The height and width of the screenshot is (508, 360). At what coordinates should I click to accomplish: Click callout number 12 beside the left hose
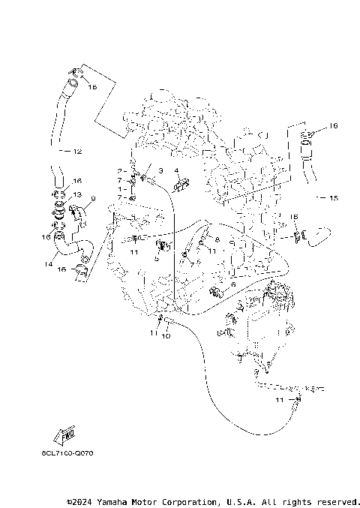pos(76,152)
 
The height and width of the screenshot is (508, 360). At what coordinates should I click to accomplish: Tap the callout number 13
pos(77,194)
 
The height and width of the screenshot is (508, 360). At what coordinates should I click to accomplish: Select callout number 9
pos(93,199)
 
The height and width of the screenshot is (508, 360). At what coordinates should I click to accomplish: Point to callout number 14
pos(49,264)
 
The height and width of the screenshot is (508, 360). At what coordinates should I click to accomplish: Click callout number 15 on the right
pos(334,199)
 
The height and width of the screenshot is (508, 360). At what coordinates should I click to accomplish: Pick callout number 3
pos(160,171)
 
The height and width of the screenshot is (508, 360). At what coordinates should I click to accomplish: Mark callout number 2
pos(118,172)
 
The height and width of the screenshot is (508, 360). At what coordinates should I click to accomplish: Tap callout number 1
pos(118,189)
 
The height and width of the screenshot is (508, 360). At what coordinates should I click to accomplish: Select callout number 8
pos(217,239)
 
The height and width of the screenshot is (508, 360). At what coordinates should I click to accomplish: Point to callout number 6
pos(233,285)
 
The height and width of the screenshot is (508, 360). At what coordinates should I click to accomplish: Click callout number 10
pos(166,335)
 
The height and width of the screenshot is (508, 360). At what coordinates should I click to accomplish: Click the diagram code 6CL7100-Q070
pos(68,453)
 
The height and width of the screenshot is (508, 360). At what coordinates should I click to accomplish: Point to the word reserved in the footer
pos(337,501)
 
